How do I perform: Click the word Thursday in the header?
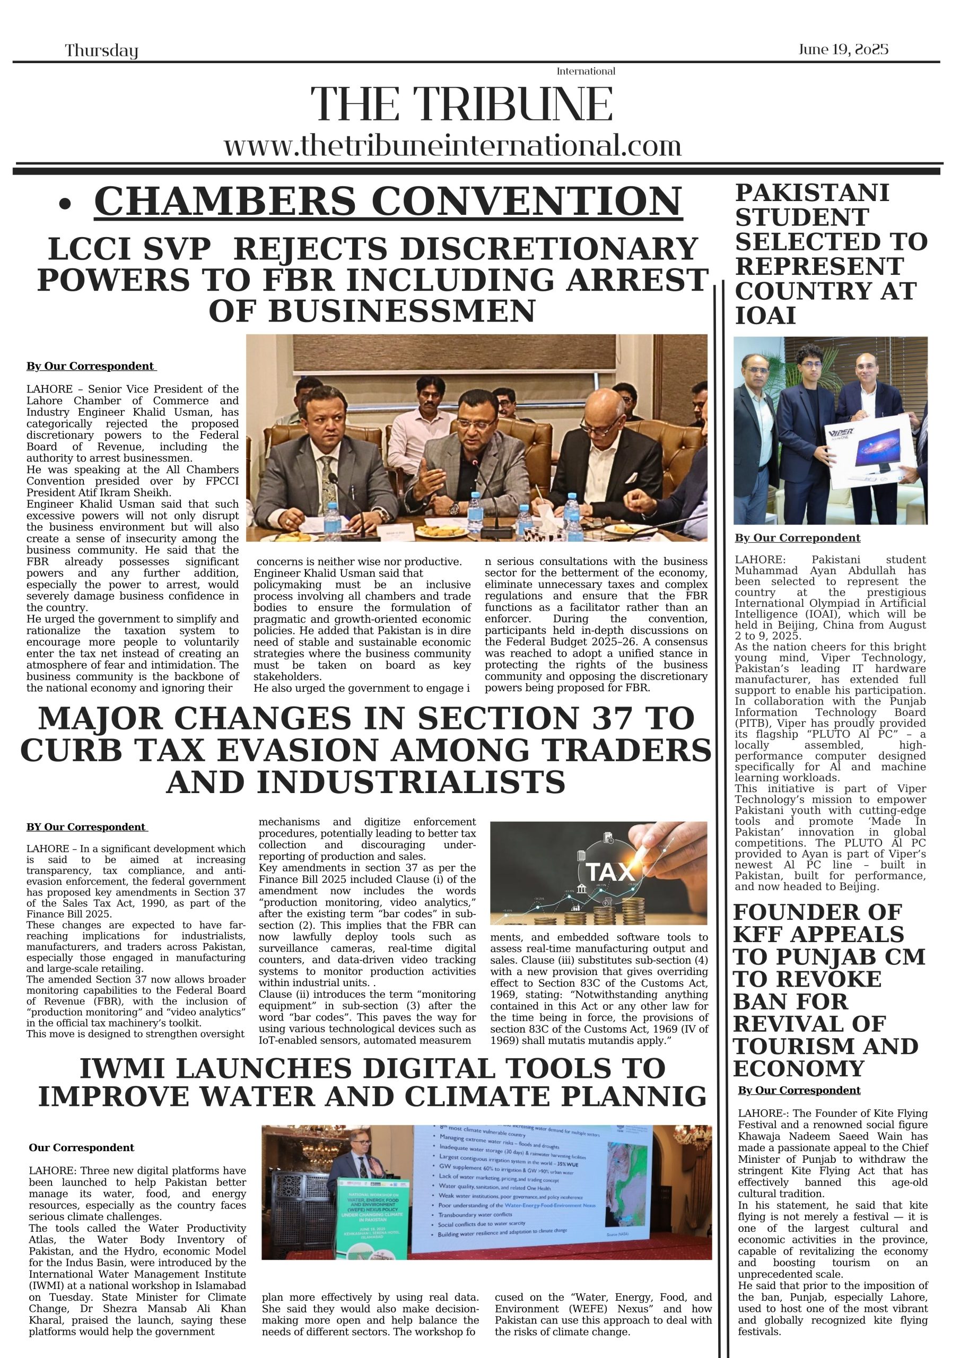click(101, 51)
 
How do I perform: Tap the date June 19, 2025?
click(843, 49)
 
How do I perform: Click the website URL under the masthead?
click(452, 146)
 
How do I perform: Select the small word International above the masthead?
click(586, 72)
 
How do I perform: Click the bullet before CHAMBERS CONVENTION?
click(66, 205)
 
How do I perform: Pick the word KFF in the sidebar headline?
click(760, 935)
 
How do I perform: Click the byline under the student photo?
click(797, 538)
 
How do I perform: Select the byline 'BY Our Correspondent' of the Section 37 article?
click(86, 827)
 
